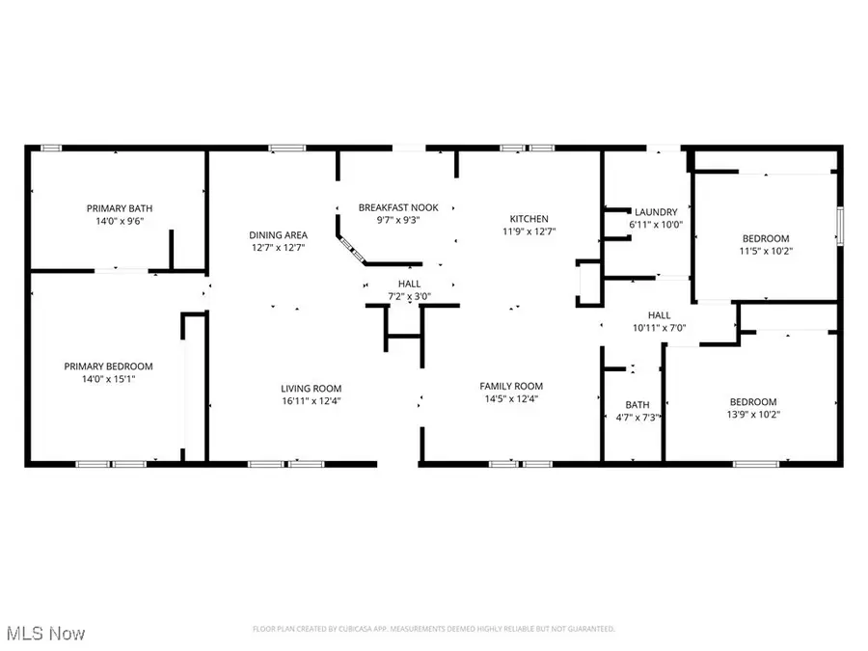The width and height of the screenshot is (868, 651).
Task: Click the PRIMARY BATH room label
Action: click(120, 208)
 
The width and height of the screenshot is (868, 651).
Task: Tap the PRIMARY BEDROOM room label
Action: click(108, 366)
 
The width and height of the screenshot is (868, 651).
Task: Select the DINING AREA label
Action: click(278, 234)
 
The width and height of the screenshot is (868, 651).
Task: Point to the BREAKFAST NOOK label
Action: click(398, 207)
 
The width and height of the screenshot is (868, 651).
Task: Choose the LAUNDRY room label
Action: click(655, 212)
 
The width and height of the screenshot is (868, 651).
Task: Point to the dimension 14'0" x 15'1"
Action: click(108, 379)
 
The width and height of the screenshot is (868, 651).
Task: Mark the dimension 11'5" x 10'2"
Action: click(765, 251)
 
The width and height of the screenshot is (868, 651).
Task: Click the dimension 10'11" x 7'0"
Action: click(659, 328)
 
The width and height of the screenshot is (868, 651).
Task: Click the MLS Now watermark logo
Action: click(43, 634)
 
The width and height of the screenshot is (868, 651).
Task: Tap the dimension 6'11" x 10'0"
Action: click(655, 225)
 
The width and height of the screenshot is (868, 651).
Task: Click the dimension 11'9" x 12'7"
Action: click(529, 231)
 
